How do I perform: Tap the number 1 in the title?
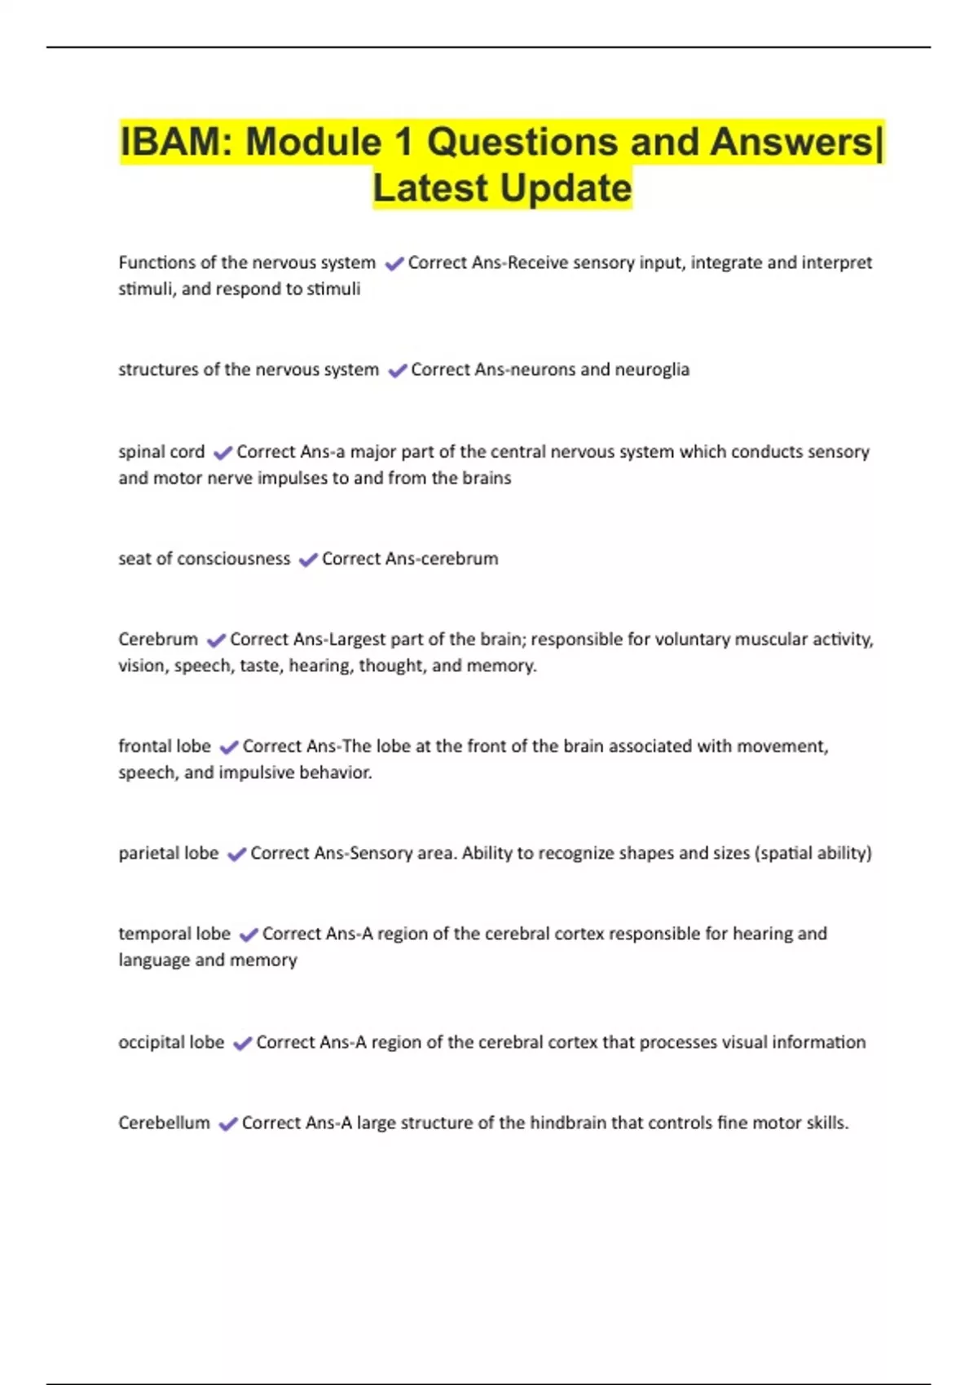(x=403, y=142)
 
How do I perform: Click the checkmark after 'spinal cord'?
(x=222, y=452)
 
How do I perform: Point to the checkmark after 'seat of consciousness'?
(x=308, y=560)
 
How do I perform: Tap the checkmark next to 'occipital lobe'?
(x=242, y=1043)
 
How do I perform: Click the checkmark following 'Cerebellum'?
(x=228, y=1123)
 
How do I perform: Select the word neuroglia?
(x=652, y=369)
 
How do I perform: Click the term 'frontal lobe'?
(x=165, y=746)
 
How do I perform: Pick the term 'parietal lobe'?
(x=169, y=853)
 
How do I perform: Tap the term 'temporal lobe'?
(x=174, y=934)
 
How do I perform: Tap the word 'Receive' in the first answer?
(x=538, y=262)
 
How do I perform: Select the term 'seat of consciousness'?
(x=205, y=559)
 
